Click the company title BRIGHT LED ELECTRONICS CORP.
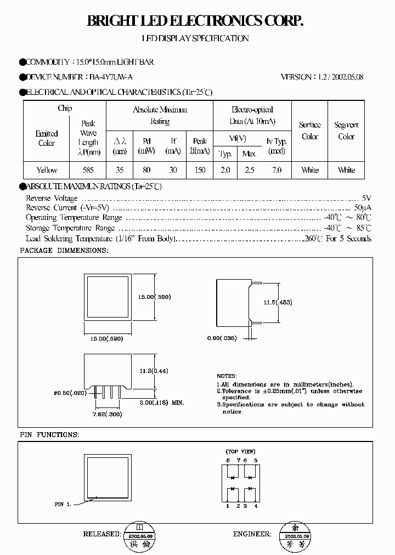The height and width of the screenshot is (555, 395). (x=195, y=21)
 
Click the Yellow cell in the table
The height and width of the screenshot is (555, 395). (x=47, y=170)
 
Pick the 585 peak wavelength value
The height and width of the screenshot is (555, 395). (x=88, y=170)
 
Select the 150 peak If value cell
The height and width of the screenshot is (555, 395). (x=200, y=170)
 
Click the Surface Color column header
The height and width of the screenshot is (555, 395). (x=310, y=131)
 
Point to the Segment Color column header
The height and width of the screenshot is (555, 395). (x=346, y=131)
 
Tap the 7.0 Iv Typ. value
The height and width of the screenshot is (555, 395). (x=276, y=170)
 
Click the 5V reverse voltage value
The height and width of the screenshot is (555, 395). (x=366, y=198)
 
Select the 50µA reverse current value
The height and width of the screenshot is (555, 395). (x=363, y=208)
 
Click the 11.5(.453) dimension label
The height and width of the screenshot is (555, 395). (x=277, y=302)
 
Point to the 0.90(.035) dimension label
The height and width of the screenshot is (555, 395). (x=222, y=338)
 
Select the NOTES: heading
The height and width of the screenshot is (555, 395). (x=227, y=376)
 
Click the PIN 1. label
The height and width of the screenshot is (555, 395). (x=63, y=503)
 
